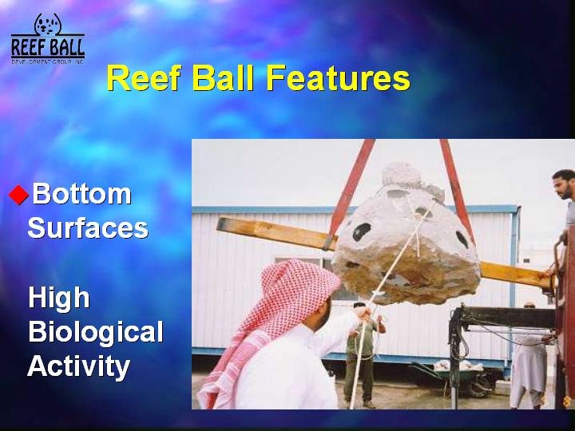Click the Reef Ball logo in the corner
[48, 38]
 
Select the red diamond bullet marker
[18, 195]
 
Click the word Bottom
[81, 193]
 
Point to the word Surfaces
[88, 227]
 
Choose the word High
[59, 299]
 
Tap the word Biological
[96, 332]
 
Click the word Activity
[79, 366]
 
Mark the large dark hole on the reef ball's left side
[361, 231]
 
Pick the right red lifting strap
[457, 191]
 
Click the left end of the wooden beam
[220, 223]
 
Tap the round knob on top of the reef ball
[401, 175]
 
